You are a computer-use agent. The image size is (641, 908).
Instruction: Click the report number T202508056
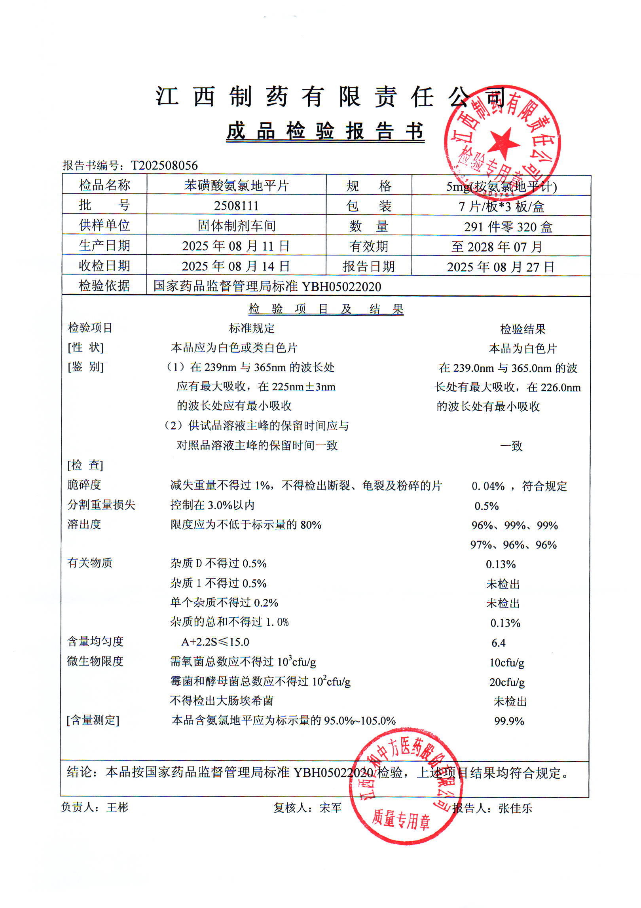tap(164, 165)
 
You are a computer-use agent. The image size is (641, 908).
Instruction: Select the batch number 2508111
tap(236, 206)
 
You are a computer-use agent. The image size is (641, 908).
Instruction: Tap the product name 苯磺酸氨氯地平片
tap(236, 185)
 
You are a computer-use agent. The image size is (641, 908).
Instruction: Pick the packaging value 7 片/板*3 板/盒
tap(501, 206)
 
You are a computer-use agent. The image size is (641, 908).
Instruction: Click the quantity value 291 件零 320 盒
tap(508, 227)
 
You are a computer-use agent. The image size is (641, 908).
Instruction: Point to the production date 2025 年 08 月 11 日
tap(236, 246)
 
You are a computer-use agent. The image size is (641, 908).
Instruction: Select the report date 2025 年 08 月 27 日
tap(501, 267)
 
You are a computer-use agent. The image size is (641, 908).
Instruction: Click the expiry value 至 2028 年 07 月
tap(497, 247)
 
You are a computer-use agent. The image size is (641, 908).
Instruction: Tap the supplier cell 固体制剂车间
tap(236, 226)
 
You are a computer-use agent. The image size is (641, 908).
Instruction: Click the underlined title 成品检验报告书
tap(325, 131)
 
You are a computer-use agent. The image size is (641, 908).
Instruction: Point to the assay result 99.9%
tap(509, 721)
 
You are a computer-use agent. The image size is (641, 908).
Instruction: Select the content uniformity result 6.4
tap(498, 643)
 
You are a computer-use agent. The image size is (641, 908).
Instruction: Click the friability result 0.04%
tap(488, 486)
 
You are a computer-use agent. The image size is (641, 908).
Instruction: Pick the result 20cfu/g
tap(507, 682)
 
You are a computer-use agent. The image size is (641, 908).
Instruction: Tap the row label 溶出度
tap(84, 524)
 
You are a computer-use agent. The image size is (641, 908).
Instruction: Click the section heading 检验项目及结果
tap(326, 309)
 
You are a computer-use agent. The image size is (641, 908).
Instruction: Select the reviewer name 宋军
tap(330, 808)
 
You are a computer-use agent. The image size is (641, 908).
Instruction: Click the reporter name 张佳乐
tap(515, 808)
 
